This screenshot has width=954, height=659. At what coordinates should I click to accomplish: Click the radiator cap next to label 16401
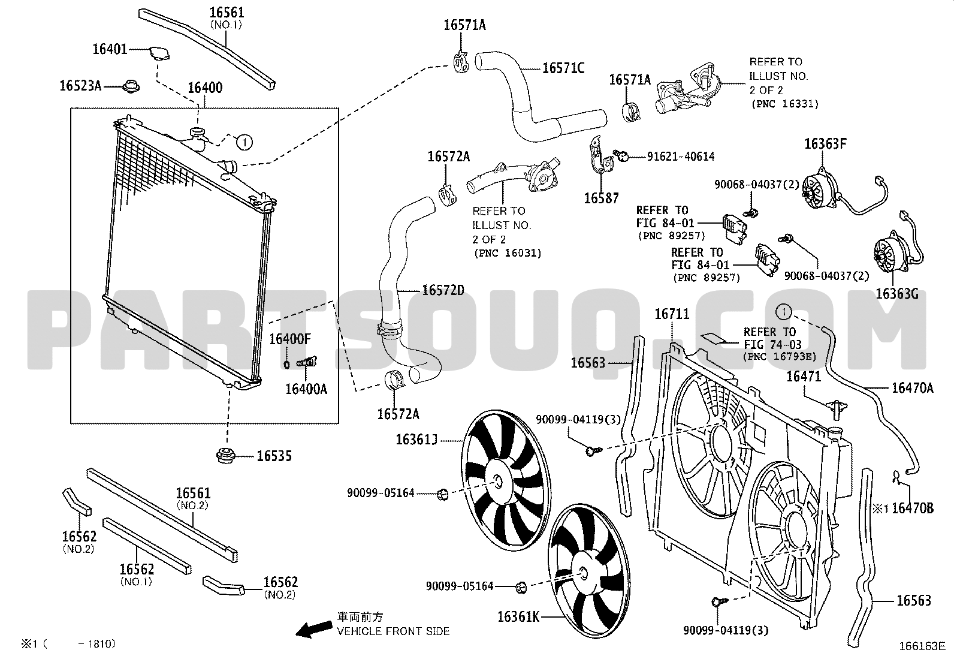tap(159, 54)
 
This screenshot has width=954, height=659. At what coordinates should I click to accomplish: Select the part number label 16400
tap(206, 88)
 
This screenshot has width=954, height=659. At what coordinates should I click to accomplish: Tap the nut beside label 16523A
tap(131, 87)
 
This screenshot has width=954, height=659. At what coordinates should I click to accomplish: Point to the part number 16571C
tap(563, 68)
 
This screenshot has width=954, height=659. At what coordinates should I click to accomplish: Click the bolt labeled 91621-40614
tap(621, 155)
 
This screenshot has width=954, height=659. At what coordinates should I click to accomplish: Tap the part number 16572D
tap(443, 290)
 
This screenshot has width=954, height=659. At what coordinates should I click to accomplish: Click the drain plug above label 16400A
tap(307, 362)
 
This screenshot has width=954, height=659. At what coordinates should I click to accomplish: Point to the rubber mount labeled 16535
tap(226, 455)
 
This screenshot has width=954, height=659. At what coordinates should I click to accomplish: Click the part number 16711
tap(672, 314)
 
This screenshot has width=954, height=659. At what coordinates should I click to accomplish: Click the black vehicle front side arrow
tap(315, 629)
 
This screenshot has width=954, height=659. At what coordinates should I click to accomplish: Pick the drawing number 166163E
tap(922, 646)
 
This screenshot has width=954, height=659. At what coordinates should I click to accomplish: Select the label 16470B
tap(912, 508)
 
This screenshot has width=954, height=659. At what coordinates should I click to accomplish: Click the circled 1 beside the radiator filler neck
tap(244, 142)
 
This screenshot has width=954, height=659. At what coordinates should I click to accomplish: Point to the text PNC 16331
tap(785, 104)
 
